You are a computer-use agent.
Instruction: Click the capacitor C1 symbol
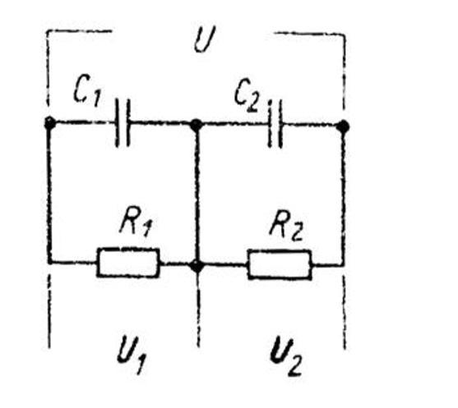click(123, 123)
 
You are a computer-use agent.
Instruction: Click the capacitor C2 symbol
click(275, 124)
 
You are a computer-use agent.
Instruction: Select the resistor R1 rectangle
click(128, 263)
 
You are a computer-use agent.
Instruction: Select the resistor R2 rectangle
click(280, 264)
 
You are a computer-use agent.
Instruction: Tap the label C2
click(247, 94)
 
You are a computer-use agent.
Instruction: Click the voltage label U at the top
click(205, 39)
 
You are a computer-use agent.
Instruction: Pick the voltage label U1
click(131, 355)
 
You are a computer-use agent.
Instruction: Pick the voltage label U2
click(285, 356)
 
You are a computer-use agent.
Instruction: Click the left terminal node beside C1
click(49, 123)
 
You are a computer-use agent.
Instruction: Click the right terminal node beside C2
click(343, 126)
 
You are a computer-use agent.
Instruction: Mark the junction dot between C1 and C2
click(197, 125)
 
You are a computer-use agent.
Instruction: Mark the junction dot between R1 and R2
click(197, 266)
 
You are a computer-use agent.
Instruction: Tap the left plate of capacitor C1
click(118, 123)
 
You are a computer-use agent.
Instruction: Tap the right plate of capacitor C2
click(280, 124)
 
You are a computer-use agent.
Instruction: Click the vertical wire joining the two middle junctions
click(197, 195)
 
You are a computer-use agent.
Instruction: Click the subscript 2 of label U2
click(294, 365)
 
